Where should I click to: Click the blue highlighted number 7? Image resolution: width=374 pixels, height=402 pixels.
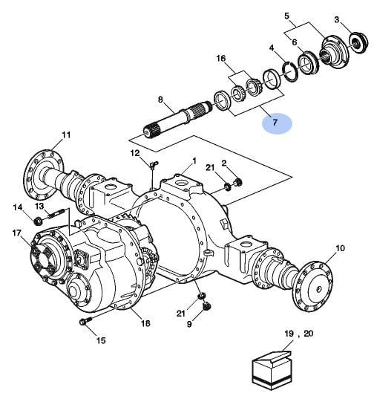pyautogui.click(x=275, y=123)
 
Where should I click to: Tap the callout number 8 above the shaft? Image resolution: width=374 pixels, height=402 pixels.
pyautogui.click(x=160, y=100)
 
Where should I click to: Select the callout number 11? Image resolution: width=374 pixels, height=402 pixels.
pyautogui.click(x=66, y=134)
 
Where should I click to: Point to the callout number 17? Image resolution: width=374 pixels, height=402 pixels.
pyautogui.click(x=17, y=233)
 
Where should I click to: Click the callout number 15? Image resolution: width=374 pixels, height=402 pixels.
pyautogui.click(x=101, y=340)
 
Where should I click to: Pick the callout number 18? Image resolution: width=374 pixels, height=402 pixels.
pyautogui.click(x=145, y=323)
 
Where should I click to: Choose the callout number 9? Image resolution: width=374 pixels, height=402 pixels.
pyautogui.click(x=189, y=324)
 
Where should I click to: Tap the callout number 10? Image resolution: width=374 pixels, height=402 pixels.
pyautogui.click(x=340, y=248)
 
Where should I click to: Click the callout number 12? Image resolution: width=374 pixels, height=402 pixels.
pyautogui.click(x=135, y=154)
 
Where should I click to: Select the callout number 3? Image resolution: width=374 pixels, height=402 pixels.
pyautogui.click(x=336, y=19)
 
